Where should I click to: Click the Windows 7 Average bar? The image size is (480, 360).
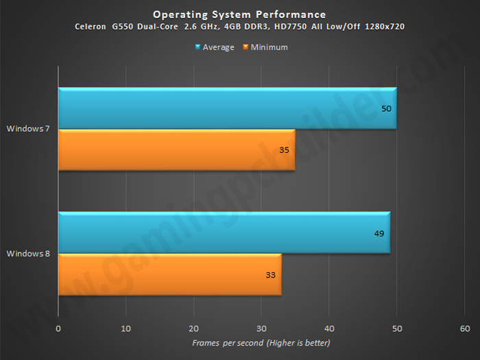coord(228,108)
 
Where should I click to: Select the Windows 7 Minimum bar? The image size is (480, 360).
coord(177,149)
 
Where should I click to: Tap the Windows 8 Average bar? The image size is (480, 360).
coord(224,232)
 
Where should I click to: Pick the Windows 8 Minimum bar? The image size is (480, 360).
coord(170,274)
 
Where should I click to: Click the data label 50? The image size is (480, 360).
coord(386,108)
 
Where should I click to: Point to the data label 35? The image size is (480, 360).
coord(284,150)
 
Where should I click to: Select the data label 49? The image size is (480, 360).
coord(379,234)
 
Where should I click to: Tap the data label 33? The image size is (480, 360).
coord(271,275)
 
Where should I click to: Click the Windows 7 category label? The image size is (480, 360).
coord(28,129)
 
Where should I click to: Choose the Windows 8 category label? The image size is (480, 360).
coord(28,254)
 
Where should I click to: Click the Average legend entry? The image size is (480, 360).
coord(215,47)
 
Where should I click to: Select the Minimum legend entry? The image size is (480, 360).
coord(265,47)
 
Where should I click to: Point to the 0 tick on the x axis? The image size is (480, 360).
coord(58,328)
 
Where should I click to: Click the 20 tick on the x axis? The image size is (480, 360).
coord(194,328)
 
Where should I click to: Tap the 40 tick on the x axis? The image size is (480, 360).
coord(329,328)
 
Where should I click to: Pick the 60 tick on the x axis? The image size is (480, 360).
coord(465,328)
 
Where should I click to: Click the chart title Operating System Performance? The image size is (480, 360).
coord(239,14)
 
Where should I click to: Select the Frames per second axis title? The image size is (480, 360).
coord(261,343)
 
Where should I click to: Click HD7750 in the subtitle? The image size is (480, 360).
coord(291,27)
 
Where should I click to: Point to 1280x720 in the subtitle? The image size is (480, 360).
coord(385,27)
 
